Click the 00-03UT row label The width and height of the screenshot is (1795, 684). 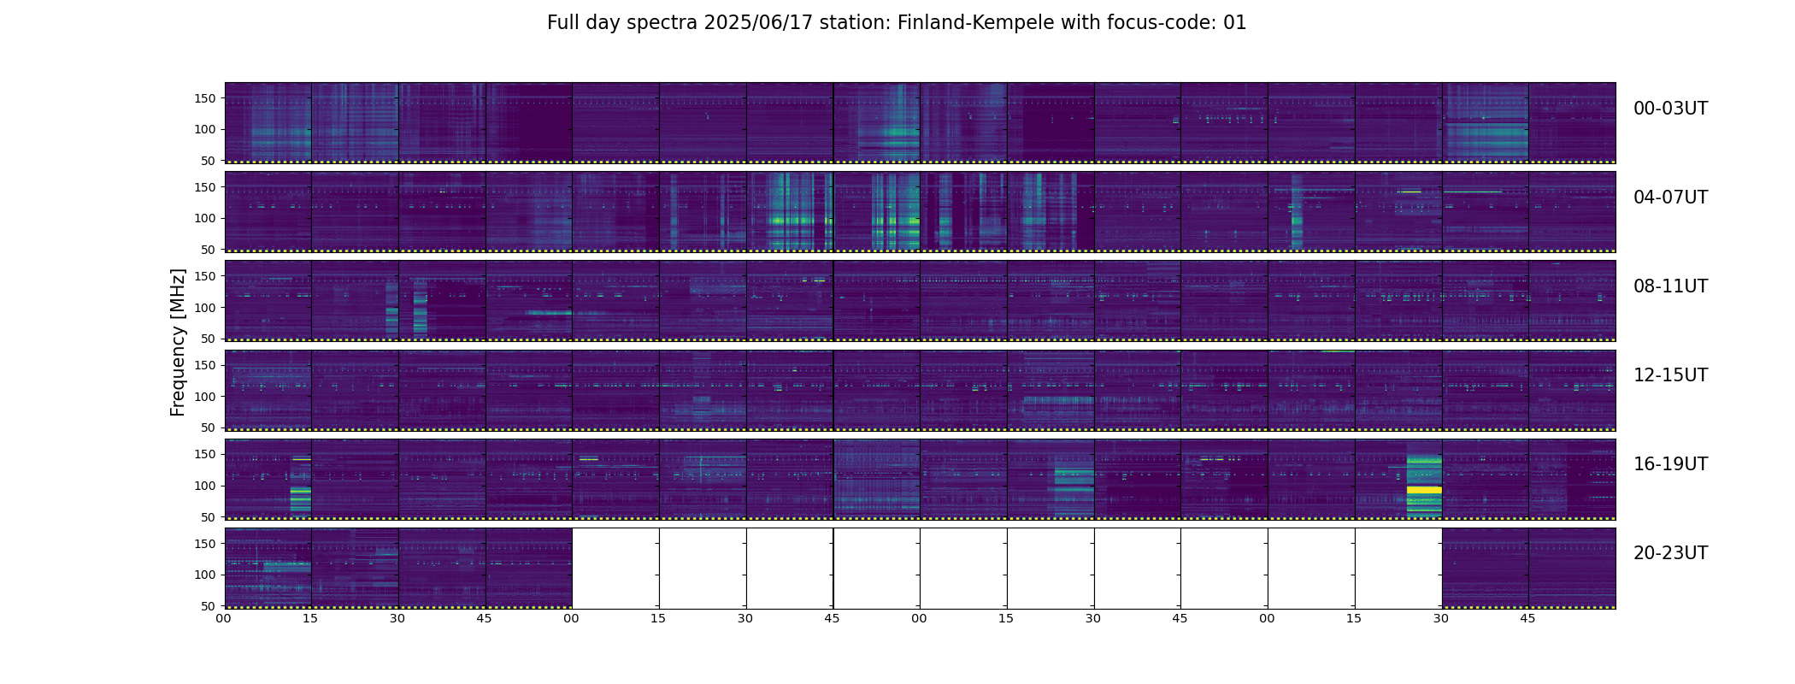click(1670, 109)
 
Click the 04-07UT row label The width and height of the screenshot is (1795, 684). click(1670, 198)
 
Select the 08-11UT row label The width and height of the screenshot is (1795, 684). click(1670, 286)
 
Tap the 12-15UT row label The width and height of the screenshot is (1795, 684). click(1670, 375)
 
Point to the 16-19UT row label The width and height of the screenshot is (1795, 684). click(1670, 464)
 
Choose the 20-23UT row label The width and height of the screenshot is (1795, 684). click(1670, 553)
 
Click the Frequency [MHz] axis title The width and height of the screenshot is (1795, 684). click(178, 342)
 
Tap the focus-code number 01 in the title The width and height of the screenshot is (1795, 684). click(1235, 23)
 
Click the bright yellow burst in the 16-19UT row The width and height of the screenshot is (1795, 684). click(1424, 490)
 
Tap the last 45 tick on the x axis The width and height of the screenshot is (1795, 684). click(1527, 618)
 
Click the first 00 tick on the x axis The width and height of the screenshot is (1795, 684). click(224, 618)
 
